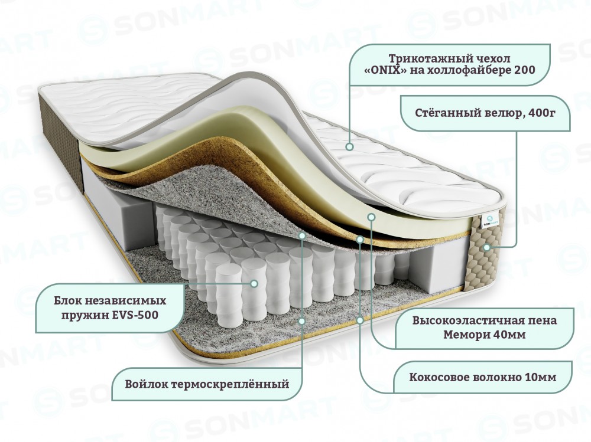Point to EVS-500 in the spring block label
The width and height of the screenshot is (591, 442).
tap(135, 315)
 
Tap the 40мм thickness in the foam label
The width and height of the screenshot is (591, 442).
tap(510, 335)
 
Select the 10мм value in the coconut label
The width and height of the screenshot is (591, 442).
tap(541, 377)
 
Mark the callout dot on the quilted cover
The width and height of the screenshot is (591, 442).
tap(349, 146)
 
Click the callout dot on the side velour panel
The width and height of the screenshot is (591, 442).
tap(486, 247)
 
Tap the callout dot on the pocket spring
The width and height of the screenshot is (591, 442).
tap(254, 283)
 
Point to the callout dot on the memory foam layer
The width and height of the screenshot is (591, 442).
tap(371, 217)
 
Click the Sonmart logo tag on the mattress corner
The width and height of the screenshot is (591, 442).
tap(489, 221)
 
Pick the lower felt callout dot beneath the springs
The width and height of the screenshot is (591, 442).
tap(302, 321)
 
